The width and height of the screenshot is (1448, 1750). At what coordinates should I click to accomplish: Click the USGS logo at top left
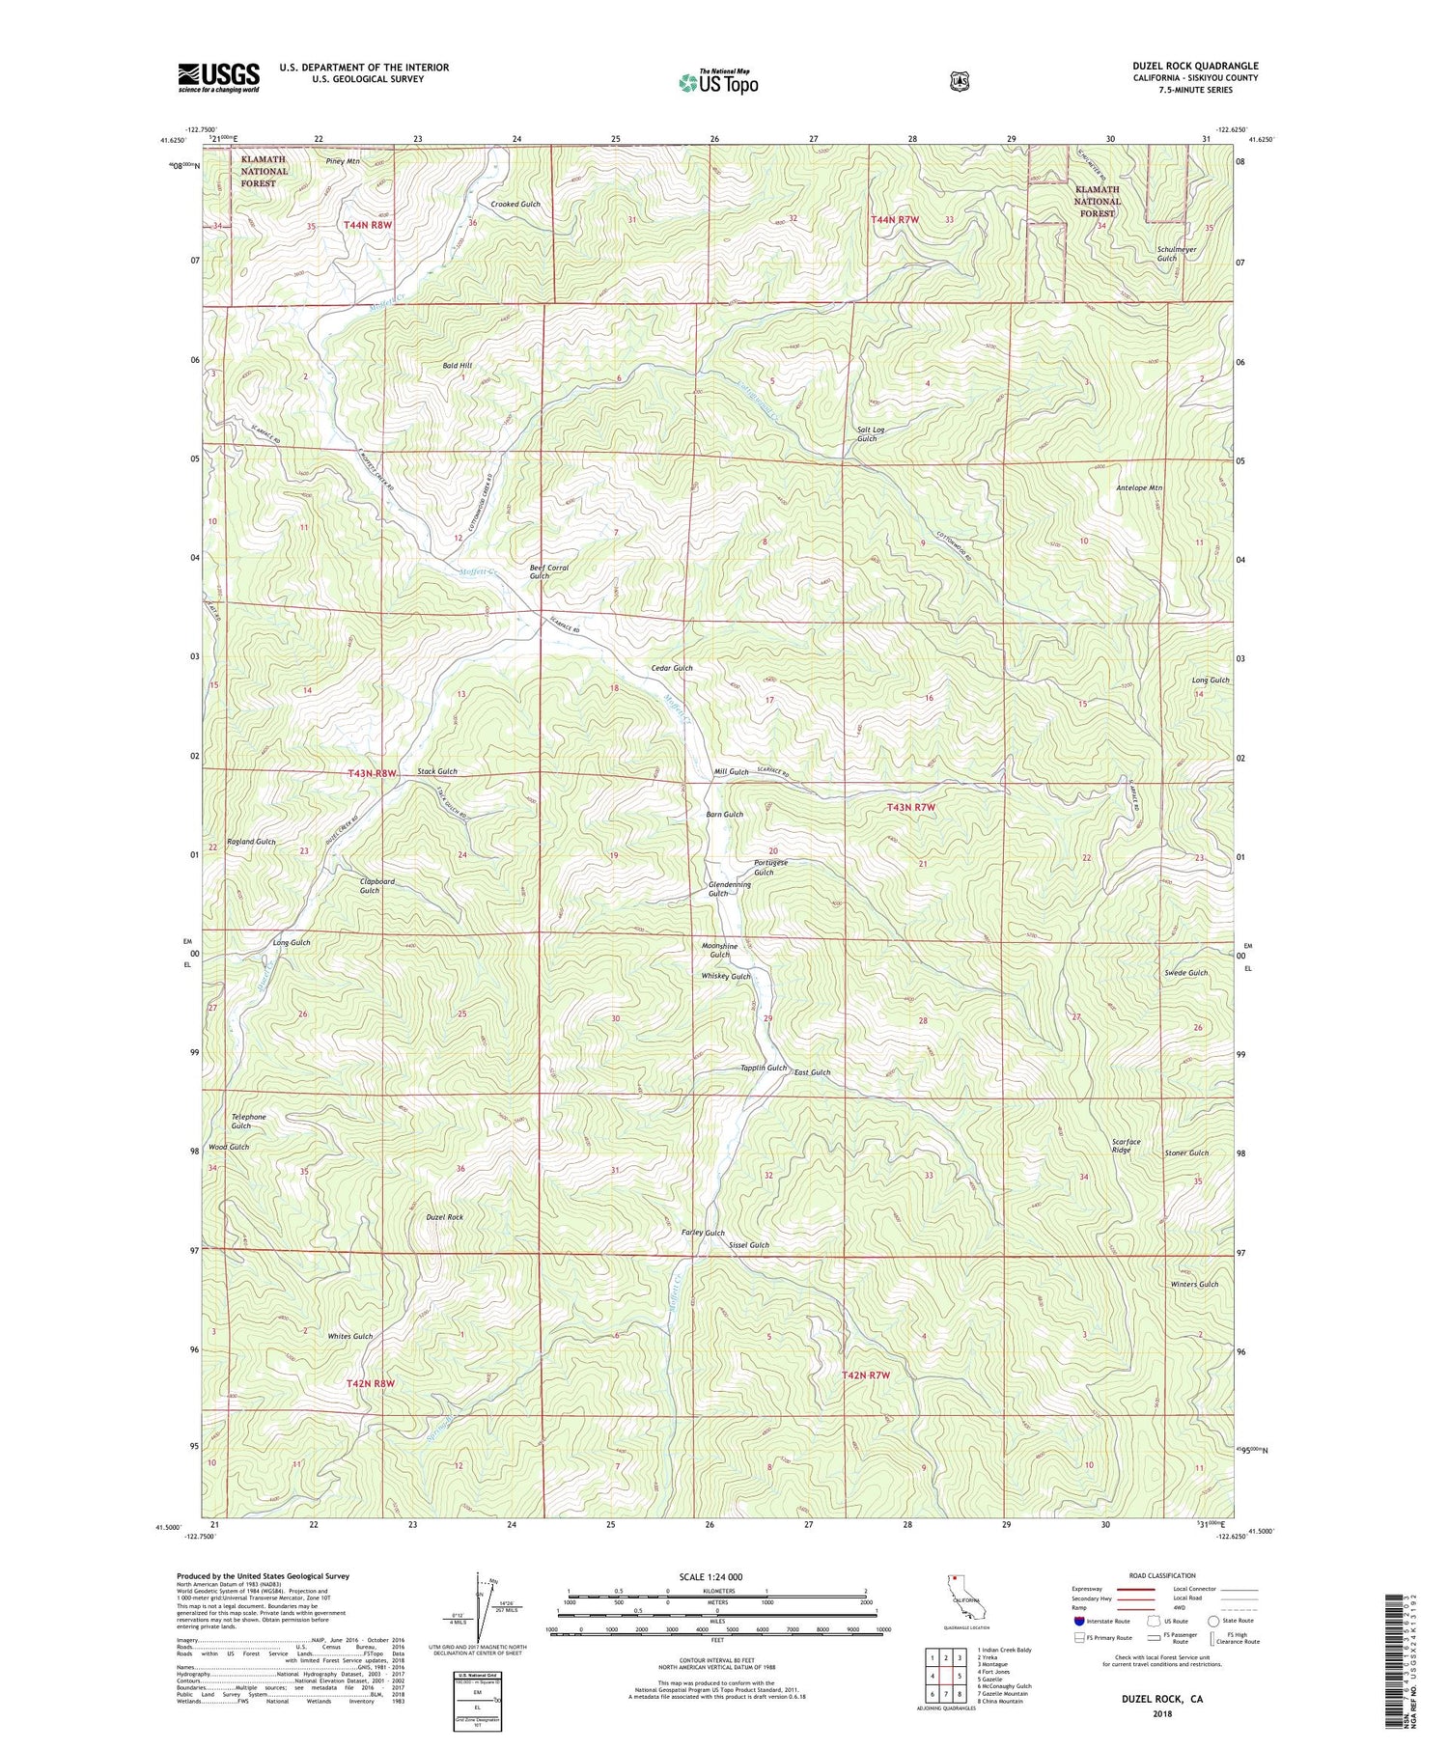[218, 77]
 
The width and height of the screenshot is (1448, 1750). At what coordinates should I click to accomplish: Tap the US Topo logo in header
[718, 82]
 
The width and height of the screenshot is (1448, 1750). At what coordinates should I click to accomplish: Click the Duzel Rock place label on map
[444, 1217]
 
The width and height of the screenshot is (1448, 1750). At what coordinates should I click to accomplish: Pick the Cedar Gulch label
[672, 668]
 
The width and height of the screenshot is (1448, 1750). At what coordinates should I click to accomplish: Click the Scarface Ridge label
[1120, 1146]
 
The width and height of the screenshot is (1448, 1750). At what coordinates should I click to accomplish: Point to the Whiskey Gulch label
[725, 977]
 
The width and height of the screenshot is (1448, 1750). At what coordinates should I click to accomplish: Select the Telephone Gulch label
[248, 1121]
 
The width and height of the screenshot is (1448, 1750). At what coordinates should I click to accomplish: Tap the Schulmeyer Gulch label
[1176, 254]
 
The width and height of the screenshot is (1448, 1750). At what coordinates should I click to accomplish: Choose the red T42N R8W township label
[371, 1383]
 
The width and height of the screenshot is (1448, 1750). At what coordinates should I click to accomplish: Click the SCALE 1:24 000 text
[716, 1576]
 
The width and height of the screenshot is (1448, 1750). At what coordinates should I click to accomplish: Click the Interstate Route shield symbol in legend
[1078, 1621]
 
